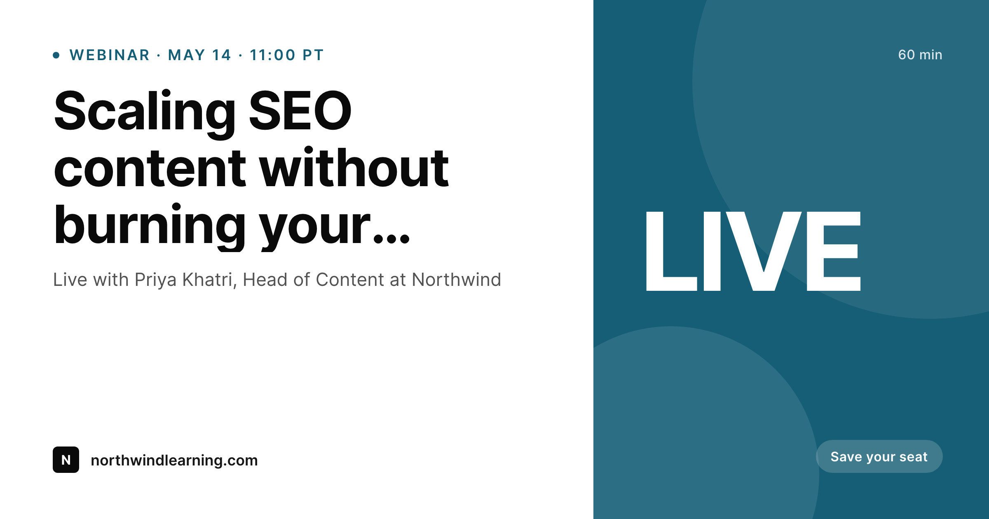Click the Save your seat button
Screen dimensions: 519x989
[x=879, y=456]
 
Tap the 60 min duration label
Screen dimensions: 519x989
[x=920, y=55]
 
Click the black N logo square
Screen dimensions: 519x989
[x=66, y=460]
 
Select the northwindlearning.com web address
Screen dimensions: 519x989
[x=174, y=461]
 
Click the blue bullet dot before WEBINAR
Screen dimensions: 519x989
[x=56, y=55]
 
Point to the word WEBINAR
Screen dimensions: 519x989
[x=110, y=55]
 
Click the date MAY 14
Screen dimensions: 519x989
[x=199, y=55]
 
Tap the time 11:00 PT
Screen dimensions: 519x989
[x=287, y=55]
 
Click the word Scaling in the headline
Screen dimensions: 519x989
[x=144, y=111]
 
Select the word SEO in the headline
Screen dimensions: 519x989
[x=300, y=111]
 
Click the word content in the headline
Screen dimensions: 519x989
[x=150, y=169]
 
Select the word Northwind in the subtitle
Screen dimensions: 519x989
[x=456, y=280]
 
